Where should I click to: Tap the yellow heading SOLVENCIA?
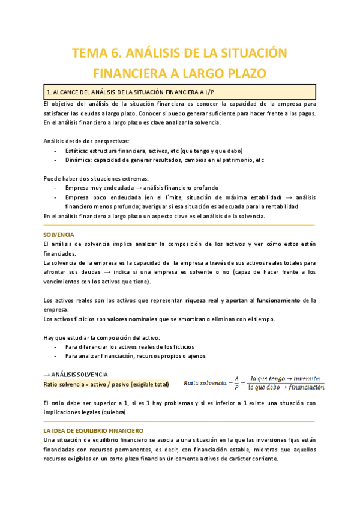pyautogui.click(x=59, y=234)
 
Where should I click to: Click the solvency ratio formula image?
pyautogui.click(x=254, y=382)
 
